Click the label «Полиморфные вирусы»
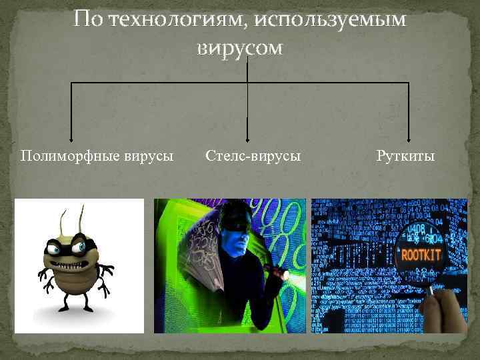pyautogui.click(x=97, y=155)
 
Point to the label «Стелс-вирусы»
pyautogui.click(x=253, y=155)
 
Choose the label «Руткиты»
pyautogui.click(x=405, y=155)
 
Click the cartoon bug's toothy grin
pyautogui.click(x=69, y=263)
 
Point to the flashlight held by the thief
pyautogui.click(x=279, y=273)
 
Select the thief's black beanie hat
pyautogui.click(x=234, y=211)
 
